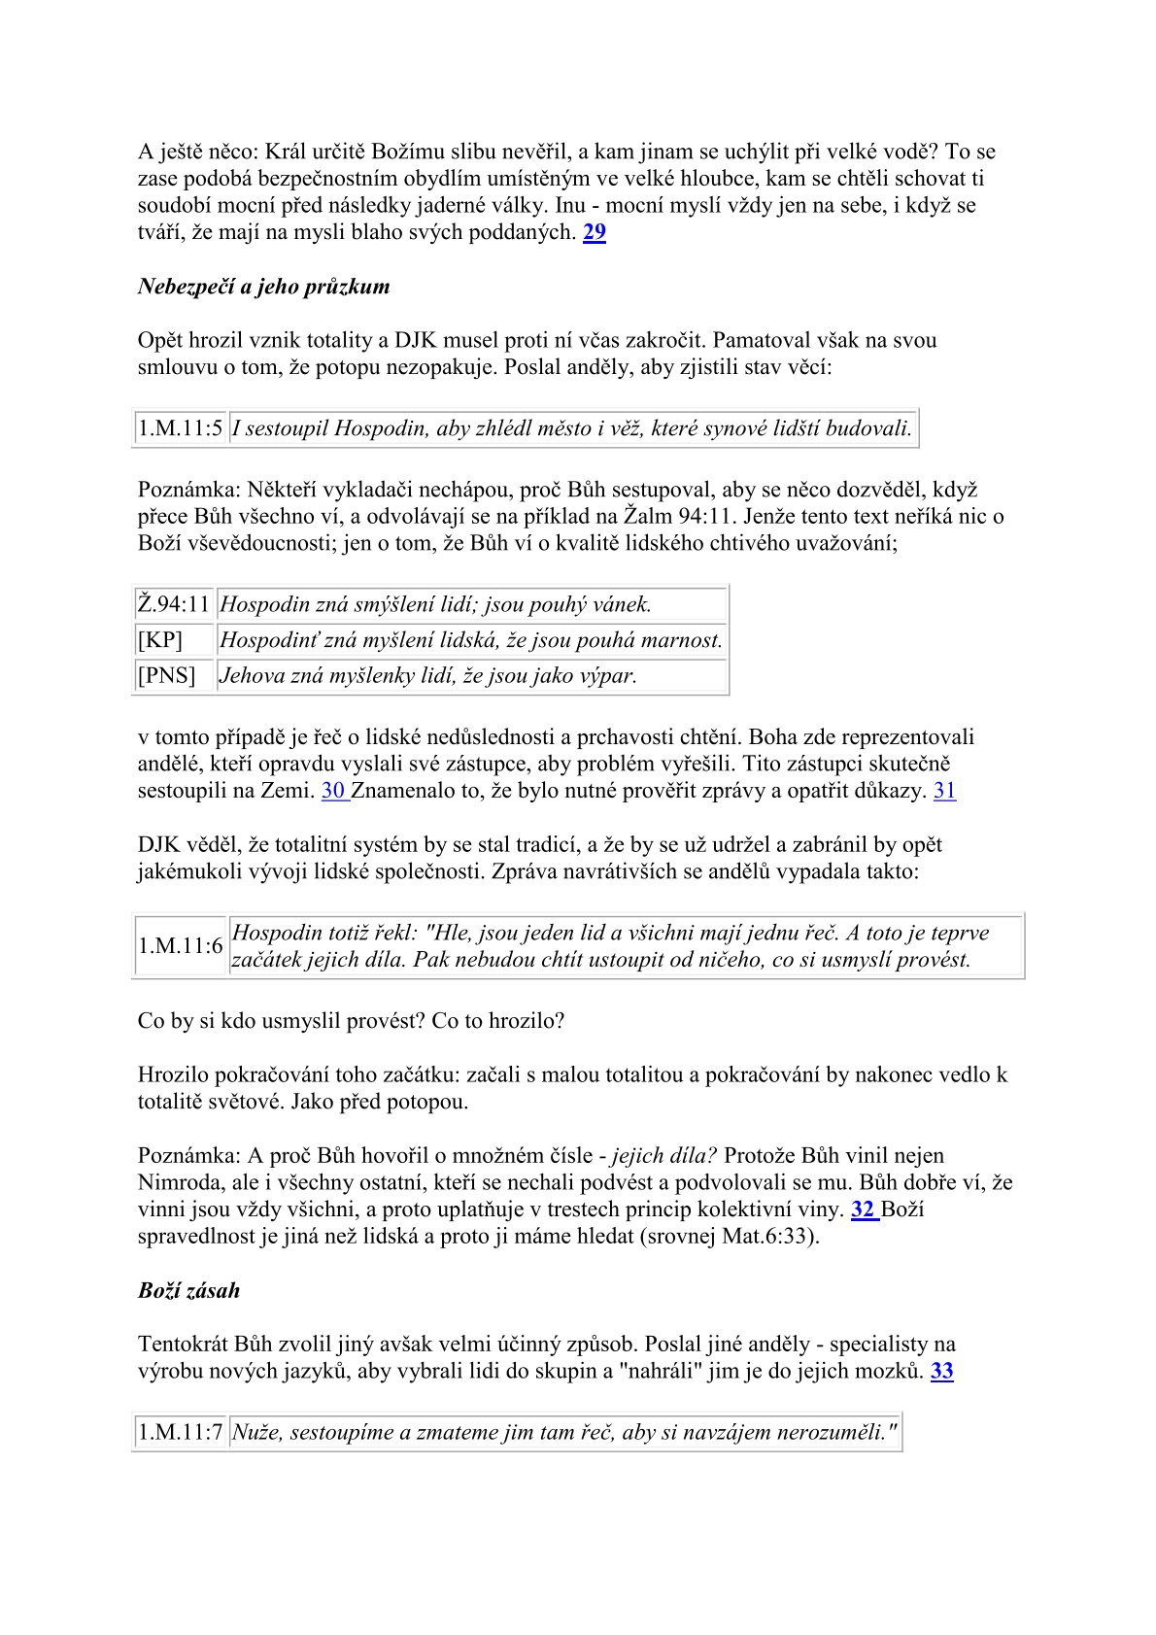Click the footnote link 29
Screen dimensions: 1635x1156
coord(594,233)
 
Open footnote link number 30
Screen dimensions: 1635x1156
coord(333,791)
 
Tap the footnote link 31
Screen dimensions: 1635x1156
coord(944,791)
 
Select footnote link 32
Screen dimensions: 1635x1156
coord(862,1210)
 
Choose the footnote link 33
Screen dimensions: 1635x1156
coord(941,1372)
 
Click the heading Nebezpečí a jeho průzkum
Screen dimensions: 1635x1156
coord(263,287)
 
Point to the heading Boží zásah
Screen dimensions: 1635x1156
coord(188,1291)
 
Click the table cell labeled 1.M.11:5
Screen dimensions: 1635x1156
coord(180,428)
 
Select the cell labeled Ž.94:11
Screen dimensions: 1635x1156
coord(174,605)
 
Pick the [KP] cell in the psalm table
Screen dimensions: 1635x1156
coord(160,640)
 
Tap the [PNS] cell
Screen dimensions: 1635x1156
coord(166,675)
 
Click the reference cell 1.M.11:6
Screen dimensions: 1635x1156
coord(180,946)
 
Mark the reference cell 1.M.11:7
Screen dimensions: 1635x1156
coord(180,1432)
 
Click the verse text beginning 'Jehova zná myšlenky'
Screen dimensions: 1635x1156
coord(428,675)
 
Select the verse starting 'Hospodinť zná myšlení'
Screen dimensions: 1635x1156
coord(471,640)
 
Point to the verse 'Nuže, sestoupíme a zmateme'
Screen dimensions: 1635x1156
coord(563,1432)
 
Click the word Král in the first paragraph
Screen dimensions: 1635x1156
coord(287,153)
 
